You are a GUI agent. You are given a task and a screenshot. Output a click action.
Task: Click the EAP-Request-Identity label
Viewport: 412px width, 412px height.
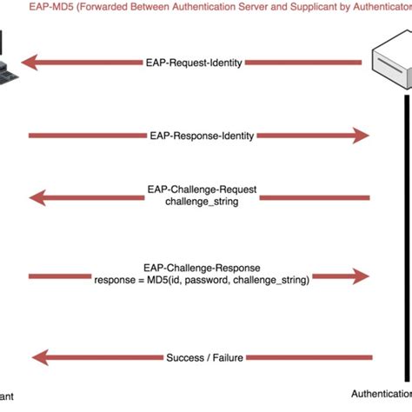196,63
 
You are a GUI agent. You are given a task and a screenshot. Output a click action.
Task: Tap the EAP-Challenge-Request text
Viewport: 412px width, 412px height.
201,189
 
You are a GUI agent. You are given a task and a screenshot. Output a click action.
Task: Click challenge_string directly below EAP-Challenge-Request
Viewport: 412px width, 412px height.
201,202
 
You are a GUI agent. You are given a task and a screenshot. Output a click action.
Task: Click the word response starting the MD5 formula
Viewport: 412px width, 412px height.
116,281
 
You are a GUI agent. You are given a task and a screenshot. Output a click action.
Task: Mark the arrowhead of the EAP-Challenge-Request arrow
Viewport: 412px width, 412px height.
40,198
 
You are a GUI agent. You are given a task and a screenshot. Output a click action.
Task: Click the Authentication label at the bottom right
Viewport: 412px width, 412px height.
381,392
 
